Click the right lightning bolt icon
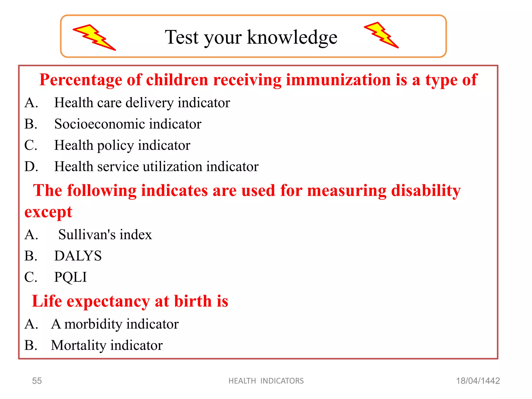pyautogui.click(x=381, y=35)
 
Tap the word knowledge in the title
pyautogui.click(x=292, y=37)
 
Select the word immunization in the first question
pyautogui.click(x=338, y=80)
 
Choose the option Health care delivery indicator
pyautogui.click(x=142, y=103)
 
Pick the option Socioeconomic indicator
pyautogui.click(x=128, y=124)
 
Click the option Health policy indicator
pyautogui.click(x=122, y=145)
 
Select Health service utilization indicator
pyautogui.click(x=156, y=167)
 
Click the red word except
pyautogui.click(x=48, y=212)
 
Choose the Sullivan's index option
pyautogui.click(x=105, y=235)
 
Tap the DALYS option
pyautogui.click(x=78, y=256)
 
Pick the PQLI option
pyautogui.click(x=70, y=277)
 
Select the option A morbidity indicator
pyautogui.click(x=115, y=324)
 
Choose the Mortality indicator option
pyautogui.click(x=107, y=345)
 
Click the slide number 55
pyautogui.click(x=37, y=381)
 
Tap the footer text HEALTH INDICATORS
pyautogui.click(x=266, y=381)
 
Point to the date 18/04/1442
pyautogui.click(x=478, y=381)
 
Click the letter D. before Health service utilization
pyautogui.click(x=31, y=167)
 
